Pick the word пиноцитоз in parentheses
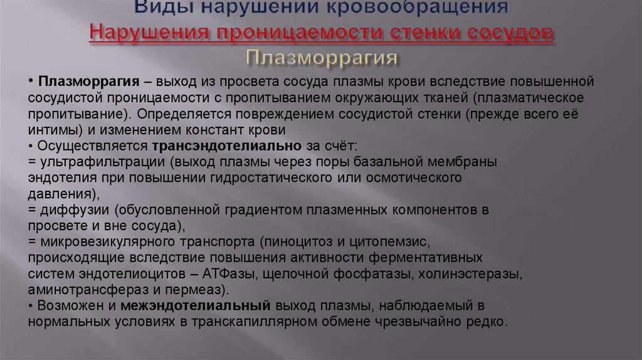click(x=296, y=241)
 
